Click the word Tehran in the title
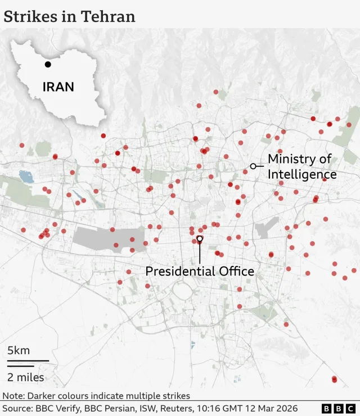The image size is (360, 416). [108, 16]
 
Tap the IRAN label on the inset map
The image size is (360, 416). [58, 87]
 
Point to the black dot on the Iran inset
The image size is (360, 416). [48, 64]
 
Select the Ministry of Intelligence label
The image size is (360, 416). [301, 166]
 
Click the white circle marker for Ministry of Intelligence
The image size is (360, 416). [253, 166]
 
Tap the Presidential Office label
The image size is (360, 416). [200, 272]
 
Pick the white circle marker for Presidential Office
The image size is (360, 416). [200, 239]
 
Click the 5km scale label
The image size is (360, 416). [19, 350]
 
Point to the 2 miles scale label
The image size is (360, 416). [26, 377]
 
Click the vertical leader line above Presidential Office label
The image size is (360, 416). [200, 253]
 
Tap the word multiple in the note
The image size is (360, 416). [143, 396]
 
